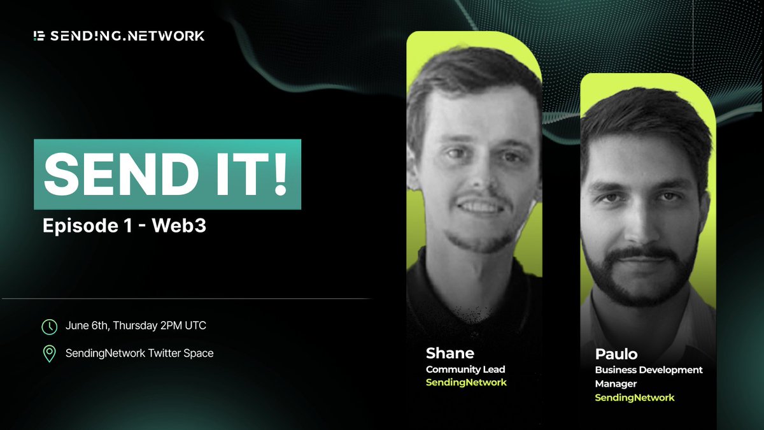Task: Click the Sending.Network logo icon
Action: coord(39,36)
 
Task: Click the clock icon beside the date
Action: coord(49,327)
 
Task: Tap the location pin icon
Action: coord(49,354)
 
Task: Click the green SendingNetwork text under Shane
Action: coord(466,382)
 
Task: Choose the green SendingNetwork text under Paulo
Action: coord(635,398)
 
